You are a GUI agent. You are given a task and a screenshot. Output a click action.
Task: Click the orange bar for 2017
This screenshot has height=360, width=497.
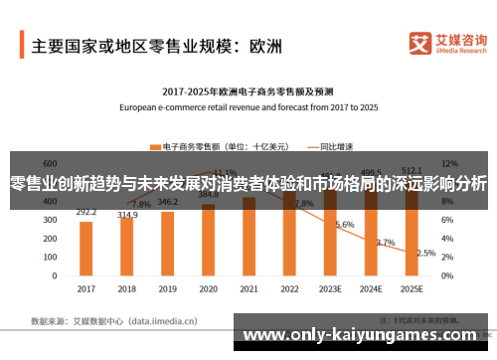pos(86,249)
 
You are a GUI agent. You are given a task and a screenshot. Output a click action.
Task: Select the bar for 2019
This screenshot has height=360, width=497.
pos(168,244)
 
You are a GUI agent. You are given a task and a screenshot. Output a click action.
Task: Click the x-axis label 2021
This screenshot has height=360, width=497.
pos(249,289)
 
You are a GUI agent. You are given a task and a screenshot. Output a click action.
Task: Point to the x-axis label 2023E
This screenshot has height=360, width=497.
pos(331,289)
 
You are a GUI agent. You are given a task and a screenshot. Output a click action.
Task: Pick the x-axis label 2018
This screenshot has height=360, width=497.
pos(127,289)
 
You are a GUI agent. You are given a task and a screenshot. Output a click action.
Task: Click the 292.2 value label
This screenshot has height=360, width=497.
pos(86,212)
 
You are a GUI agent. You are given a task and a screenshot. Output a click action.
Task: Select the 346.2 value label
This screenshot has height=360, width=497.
pos(168,202)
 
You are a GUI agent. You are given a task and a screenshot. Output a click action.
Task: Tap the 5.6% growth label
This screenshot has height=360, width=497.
pos(345,225)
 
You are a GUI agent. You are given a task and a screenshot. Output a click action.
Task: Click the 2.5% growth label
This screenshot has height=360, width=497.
pos(426,253)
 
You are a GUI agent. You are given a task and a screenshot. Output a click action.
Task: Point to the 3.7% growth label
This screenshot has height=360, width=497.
pos(386,242)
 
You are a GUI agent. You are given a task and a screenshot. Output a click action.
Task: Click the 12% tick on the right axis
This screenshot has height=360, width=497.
pos(449,161)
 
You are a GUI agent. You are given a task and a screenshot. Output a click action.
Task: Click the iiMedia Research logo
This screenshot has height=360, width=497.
pos(447,45)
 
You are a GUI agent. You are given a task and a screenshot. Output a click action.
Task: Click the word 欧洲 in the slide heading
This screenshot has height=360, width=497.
pos(266,46)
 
